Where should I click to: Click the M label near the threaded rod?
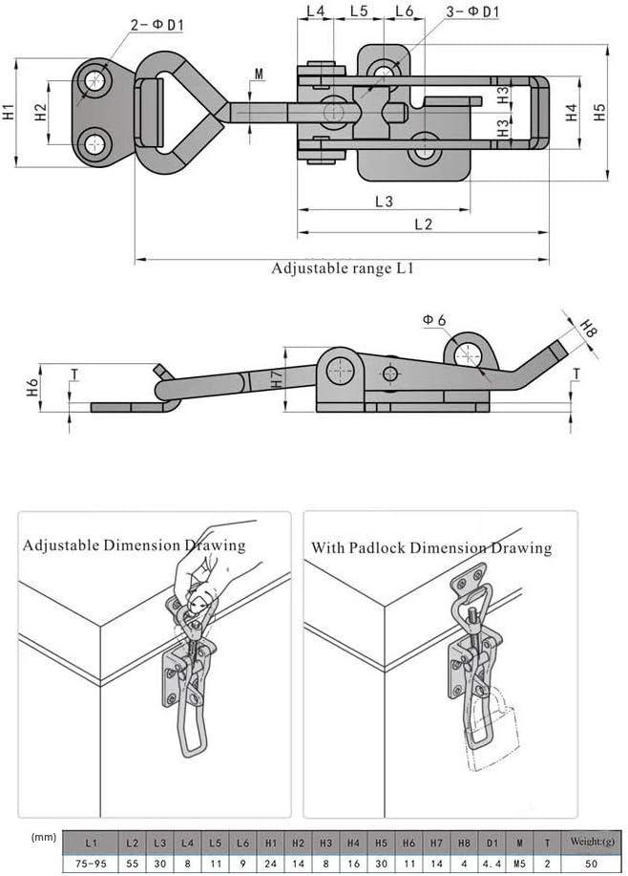coord(259,74)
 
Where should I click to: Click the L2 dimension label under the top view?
coord(424,224)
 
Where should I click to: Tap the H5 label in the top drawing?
coord(599,112)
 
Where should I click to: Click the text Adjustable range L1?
coord(342,268)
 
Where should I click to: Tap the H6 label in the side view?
coord(32,387)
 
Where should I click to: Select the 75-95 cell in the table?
coord(90,863)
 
